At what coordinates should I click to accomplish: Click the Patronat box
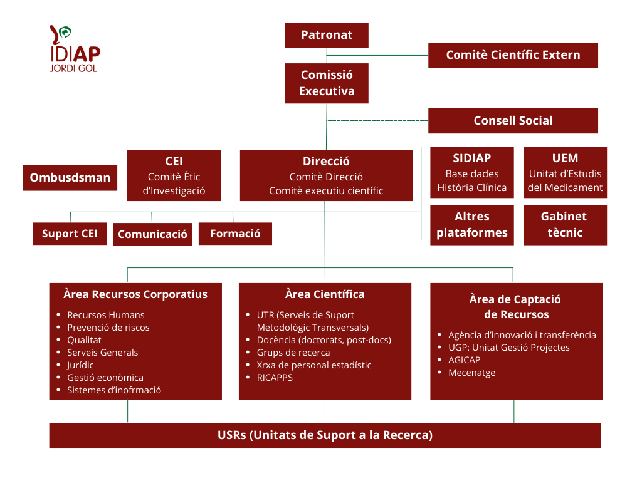pos(327,35)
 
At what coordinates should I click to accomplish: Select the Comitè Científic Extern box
pos(513,55)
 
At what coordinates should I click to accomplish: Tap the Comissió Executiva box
pos(327,83)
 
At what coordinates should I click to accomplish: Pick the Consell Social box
pos(513,121)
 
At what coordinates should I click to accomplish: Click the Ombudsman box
pos(70,178)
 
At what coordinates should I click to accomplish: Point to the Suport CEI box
pos(70,234)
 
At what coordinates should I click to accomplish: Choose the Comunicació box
pos(152,235)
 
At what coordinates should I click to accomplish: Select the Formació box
pos(235,234)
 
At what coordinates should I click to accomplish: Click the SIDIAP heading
pos(471,158)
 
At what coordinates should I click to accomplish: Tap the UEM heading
pos(565,158)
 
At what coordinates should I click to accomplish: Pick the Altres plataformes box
pos(471,225)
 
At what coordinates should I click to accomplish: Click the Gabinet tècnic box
pos(565,225)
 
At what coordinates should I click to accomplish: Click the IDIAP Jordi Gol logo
pos(73,49)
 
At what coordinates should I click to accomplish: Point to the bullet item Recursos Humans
pos(105,315)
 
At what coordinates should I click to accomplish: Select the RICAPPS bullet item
pos(275,378)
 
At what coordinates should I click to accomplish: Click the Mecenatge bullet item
pos(471,373)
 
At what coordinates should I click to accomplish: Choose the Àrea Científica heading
pos(325,294)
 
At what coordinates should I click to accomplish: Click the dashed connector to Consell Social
pos(377,120)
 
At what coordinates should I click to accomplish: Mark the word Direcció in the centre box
pos(326,162)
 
